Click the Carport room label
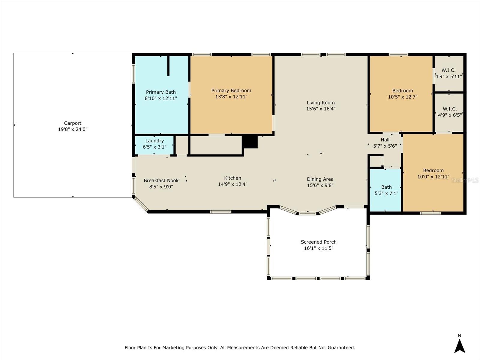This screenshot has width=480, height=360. point(73,123)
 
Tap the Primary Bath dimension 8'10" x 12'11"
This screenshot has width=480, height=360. point(161,98)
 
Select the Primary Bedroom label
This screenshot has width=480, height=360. point(231,91)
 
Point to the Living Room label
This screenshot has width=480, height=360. point(320,103)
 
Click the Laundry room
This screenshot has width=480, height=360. point(154,144)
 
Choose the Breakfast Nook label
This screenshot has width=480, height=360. point(161,181)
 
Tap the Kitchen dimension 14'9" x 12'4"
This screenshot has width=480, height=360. point(232,184)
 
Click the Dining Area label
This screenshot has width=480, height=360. point(320,179)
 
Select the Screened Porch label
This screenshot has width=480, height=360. point(319,242)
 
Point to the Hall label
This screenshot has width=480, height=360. point(385,140)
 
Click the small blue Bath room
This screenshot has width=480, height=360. point(386,190)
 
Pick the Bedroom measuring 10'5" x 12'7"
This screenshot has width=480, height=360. point(402,94)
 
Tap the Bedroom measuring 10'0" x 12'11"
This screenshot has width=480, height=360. point(433,173)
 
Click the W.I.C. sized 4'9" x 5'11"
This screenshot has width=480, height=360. point(448,73)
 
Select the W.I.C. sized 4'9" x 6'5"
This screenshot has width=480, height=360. point(449,112)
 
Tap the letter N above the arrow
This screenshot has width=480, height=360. point(459,335)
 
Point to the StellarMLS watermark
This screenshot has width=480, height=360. point(465,180)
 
